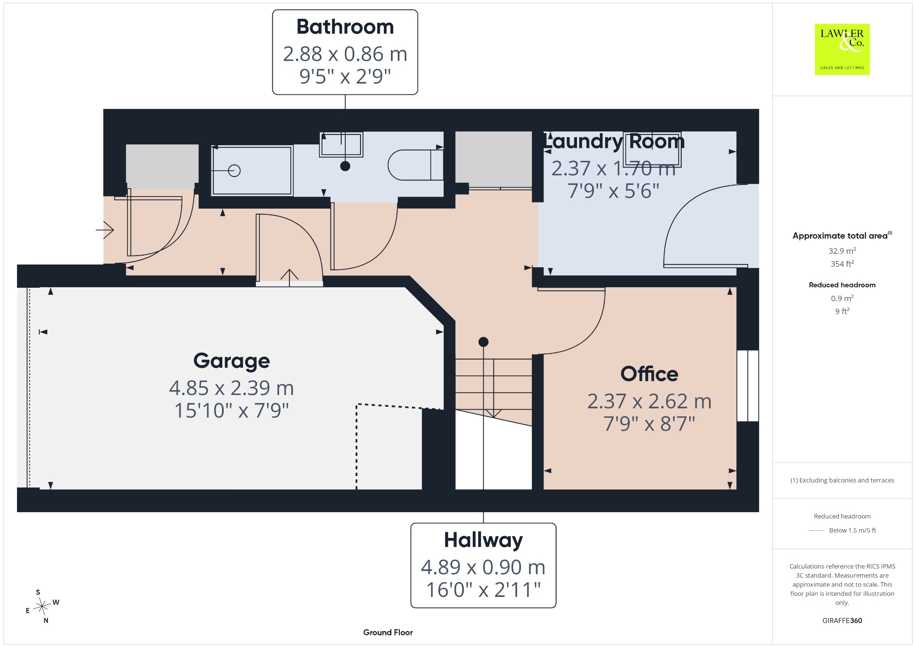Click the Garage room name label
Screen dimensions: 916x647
click(231, 361)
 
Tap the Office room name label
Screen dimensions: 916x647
click(649, 374)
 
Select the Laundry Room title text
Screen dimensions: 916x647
click(614, 141)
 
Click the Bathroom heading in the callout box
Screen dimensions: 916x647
click(345, 27)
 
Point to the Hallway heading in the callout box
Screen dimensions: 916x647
click(483, 540)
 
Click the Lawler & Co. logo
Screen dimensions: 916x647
click(842, 49)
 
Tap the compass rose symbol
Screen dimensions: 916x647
click(42, 606)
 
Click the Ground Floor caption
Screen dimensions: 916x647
click(388, 632)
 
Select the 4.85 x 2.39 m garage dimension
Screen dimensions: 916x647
click(231, 388)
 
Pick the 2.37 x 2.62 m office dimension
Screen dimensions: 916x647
click(649, 401)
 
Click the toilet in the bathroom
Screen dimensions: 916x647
click(416, 165)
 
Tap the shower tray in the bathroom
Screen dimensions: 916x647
click(252, 170)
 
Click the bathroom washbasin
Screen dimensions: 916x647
click(341, 144)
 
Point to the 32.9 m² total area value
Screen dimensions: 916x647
click(842, 251)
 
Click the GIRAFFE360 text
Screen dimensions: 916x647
click(842, 621)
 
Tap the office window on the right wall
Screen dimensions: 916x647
click(747, 386)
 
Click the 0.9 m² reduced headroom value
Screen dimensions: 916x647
click(842, 298)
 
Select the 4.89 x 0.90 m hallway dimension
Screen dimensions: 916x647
click(483, 567)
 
